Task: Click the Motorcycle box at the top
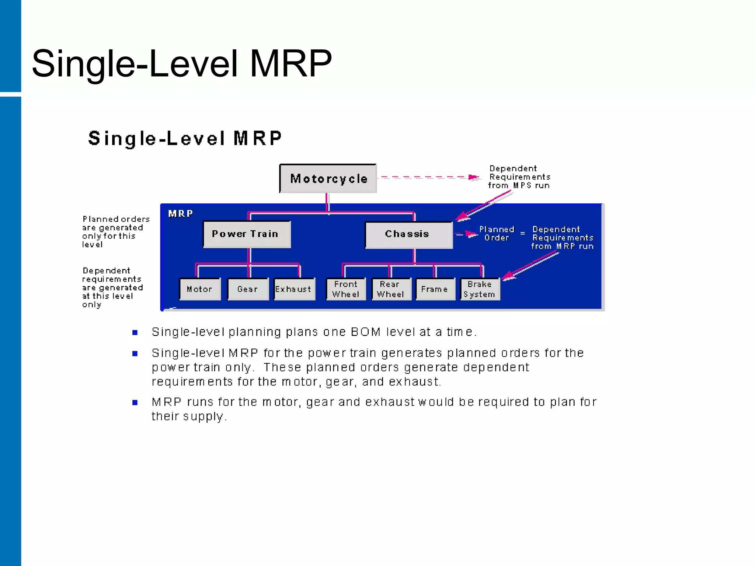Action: click(328, 179)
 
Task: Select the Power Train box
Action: click(247, 234)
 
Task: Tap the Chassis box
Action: click(408, 234)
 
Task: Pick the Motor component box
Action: click(200, 289)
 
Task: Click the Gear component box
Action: click(248, 289)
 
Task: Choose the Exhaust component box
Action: click(294, 289)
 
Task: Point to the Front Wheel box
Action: click(346, 289)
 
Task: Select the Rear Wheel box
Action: click(391, 289)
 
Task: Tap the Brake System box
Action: click(480, 289)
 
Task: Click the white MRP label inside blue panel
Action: click(181, 214)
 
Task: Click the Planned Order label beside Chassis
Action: click(497, 234)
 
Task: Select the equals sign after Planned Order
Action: click(522, 233)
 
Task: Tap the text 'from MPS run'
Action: click(519, 186)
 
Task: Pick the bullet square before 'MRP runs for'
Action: click(135, 402)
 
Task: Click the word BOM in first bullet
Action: click(365, 332)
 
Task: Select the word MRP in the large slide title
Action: click(291, 64)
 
